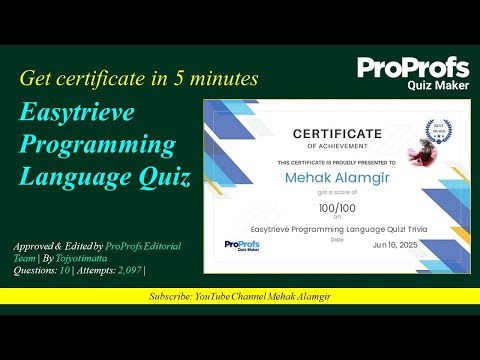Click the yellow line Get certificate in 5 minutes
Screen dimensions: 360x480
pyautogui.click(x=139, y=78)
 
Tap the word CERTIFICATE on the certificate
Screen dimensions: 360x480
pyautogui.click(x=336, y=133)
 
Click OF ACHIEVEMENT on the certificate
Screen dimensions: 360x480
pyautogui.click(x=336, y=146)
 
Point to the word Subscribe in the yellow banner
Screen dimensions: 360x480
pyautogui.click(x=171, y=297)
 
